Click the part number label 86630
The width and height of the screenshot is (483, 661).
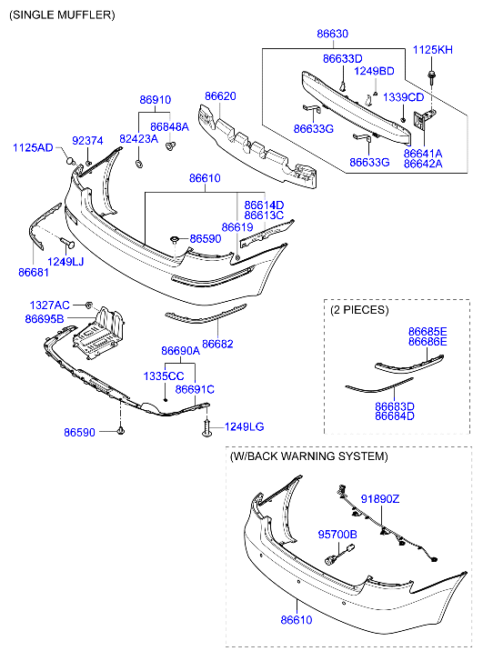pyautogui.click(x=332, y=34)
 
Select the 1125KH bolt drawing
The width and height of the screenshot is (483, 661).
pyautogui.click(x=432, y=75)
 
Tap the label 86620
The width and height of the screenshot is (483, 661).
pyautogui.click(x=220, y=96)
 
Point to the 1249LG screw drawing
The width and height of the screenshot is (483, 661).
pyautogui.click(x=206, y=428)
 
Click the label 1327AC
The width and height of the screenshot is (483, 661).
pyautogui.click(x=49, y=305)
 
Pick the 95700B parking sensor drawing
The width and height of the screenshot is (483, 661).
pyautogui.click(x=339, y=555)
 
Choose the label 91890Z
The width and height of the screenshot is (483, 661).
pyautogui.click(x=379, y=499)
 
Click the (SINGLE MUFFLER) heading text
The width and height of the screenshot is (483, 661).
pyautogui.click(x=62, y=15)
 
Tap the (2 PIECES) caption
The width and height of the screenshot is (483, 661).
pyautogui.click(x=359, y=310)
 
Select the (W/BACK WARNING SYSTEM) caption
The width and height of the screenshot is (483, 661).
pyautogui.click(x=308, y=456)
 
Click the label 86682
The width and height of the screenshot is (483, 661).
pyautogui.click(x=217, y=344)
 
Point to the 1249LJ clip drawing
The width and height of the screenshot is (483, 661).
pyautogui.click(x=67, y=244)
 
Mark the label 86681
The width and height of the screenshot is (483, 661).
pyautogui.click(x=34, y=273)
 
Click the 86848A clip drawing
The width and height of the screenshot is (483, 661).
pyautogui.click(x=171, y=146)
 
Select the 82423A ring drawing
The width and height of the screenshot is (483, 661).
pyautogui.click(x=138, y=164)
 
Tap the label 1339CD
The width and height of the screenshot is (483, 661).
pyautogui.click(x=403, y=97)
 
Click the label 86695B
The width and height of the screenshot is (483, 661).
pyautogui.click(x=45, y=319)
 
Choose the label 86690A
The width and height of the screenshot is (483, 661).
pyautogui.click(x=180, y=351)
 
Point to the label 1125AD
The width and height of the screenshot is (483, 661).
pyautogui.click(x=33, y=147)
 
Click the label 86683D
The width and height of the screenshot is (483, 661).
pyautogui.click(x=395, y=406)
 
